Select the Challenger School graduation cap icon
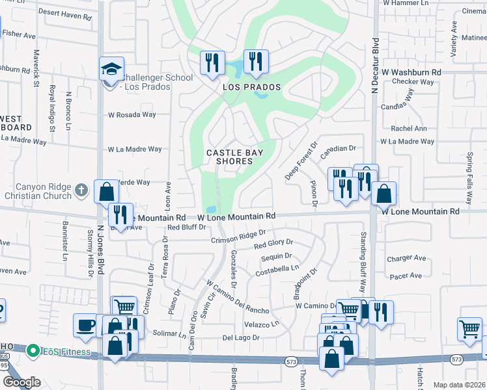click(x=112, y=70)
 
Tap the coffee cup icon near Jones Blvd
click(x=85, y=326)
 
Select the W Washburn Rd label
click(x=411, y=71)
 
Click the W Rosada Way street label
click(x=132, y=115)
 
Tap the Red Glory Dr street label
click(x=273, y=244)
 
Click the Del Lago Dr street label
click(x=241, y=338)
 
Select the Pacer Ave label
click(x=406, y=276)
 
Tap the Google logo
click(x=21, y=382)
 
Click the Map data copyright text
click(x=459, y=385)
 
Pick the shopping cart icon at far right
click(x=469, y=329)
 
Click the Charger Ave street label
click(x=406, y=258)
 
